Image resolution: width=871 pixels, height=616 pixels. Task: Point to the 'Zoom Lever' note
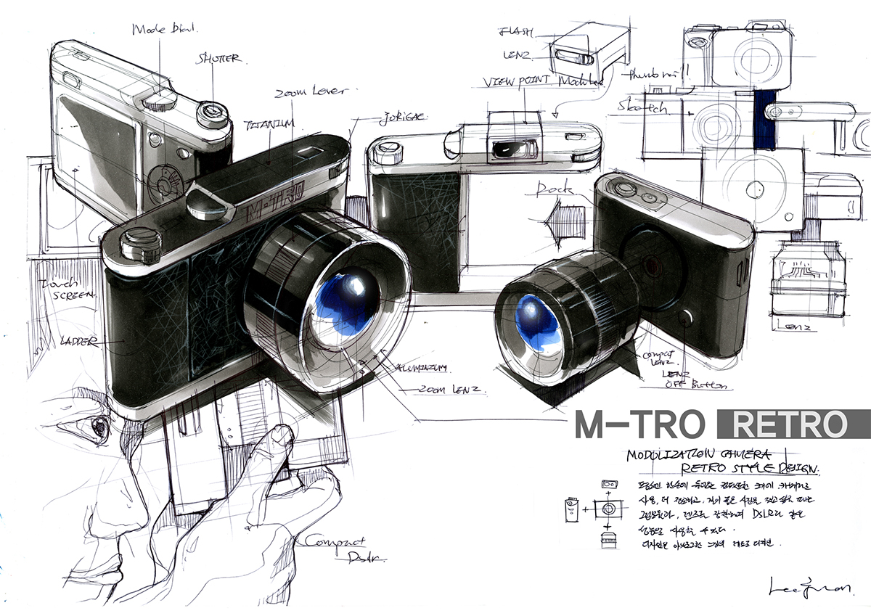click(311, 93)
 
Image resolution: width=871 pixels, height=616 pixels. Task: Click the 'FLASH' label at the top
click(517, 32)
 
